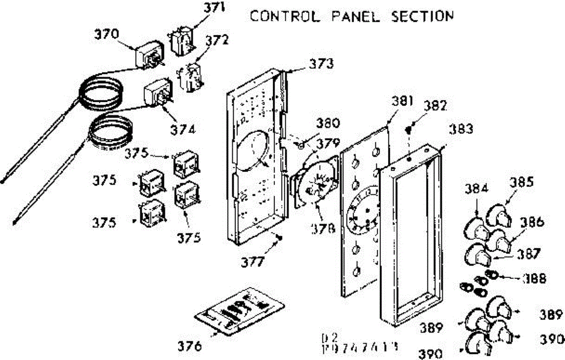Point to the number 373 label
click(322, 63)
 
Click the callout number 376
click(190, 346)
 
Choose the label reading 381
click(403, 101)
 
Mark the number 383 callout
click(461, 129)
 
